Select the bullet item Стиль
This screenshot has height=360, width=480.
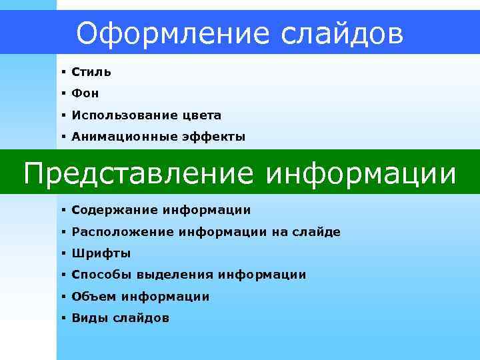point(91,72)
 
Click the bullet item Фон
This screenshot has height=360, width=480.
point(85,94)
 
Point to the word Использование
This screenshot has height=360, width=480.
point(124,115)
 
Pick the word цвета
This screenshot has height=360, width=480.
point(201,115)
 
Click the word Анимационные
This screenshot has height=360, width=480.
point(123,137)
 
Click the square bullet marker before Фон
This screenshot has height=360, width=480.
point(61,93)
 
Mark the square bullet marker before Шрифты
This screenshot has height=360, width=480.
point(61,253)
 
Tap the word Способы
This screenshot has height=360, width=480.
point(102,275)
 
